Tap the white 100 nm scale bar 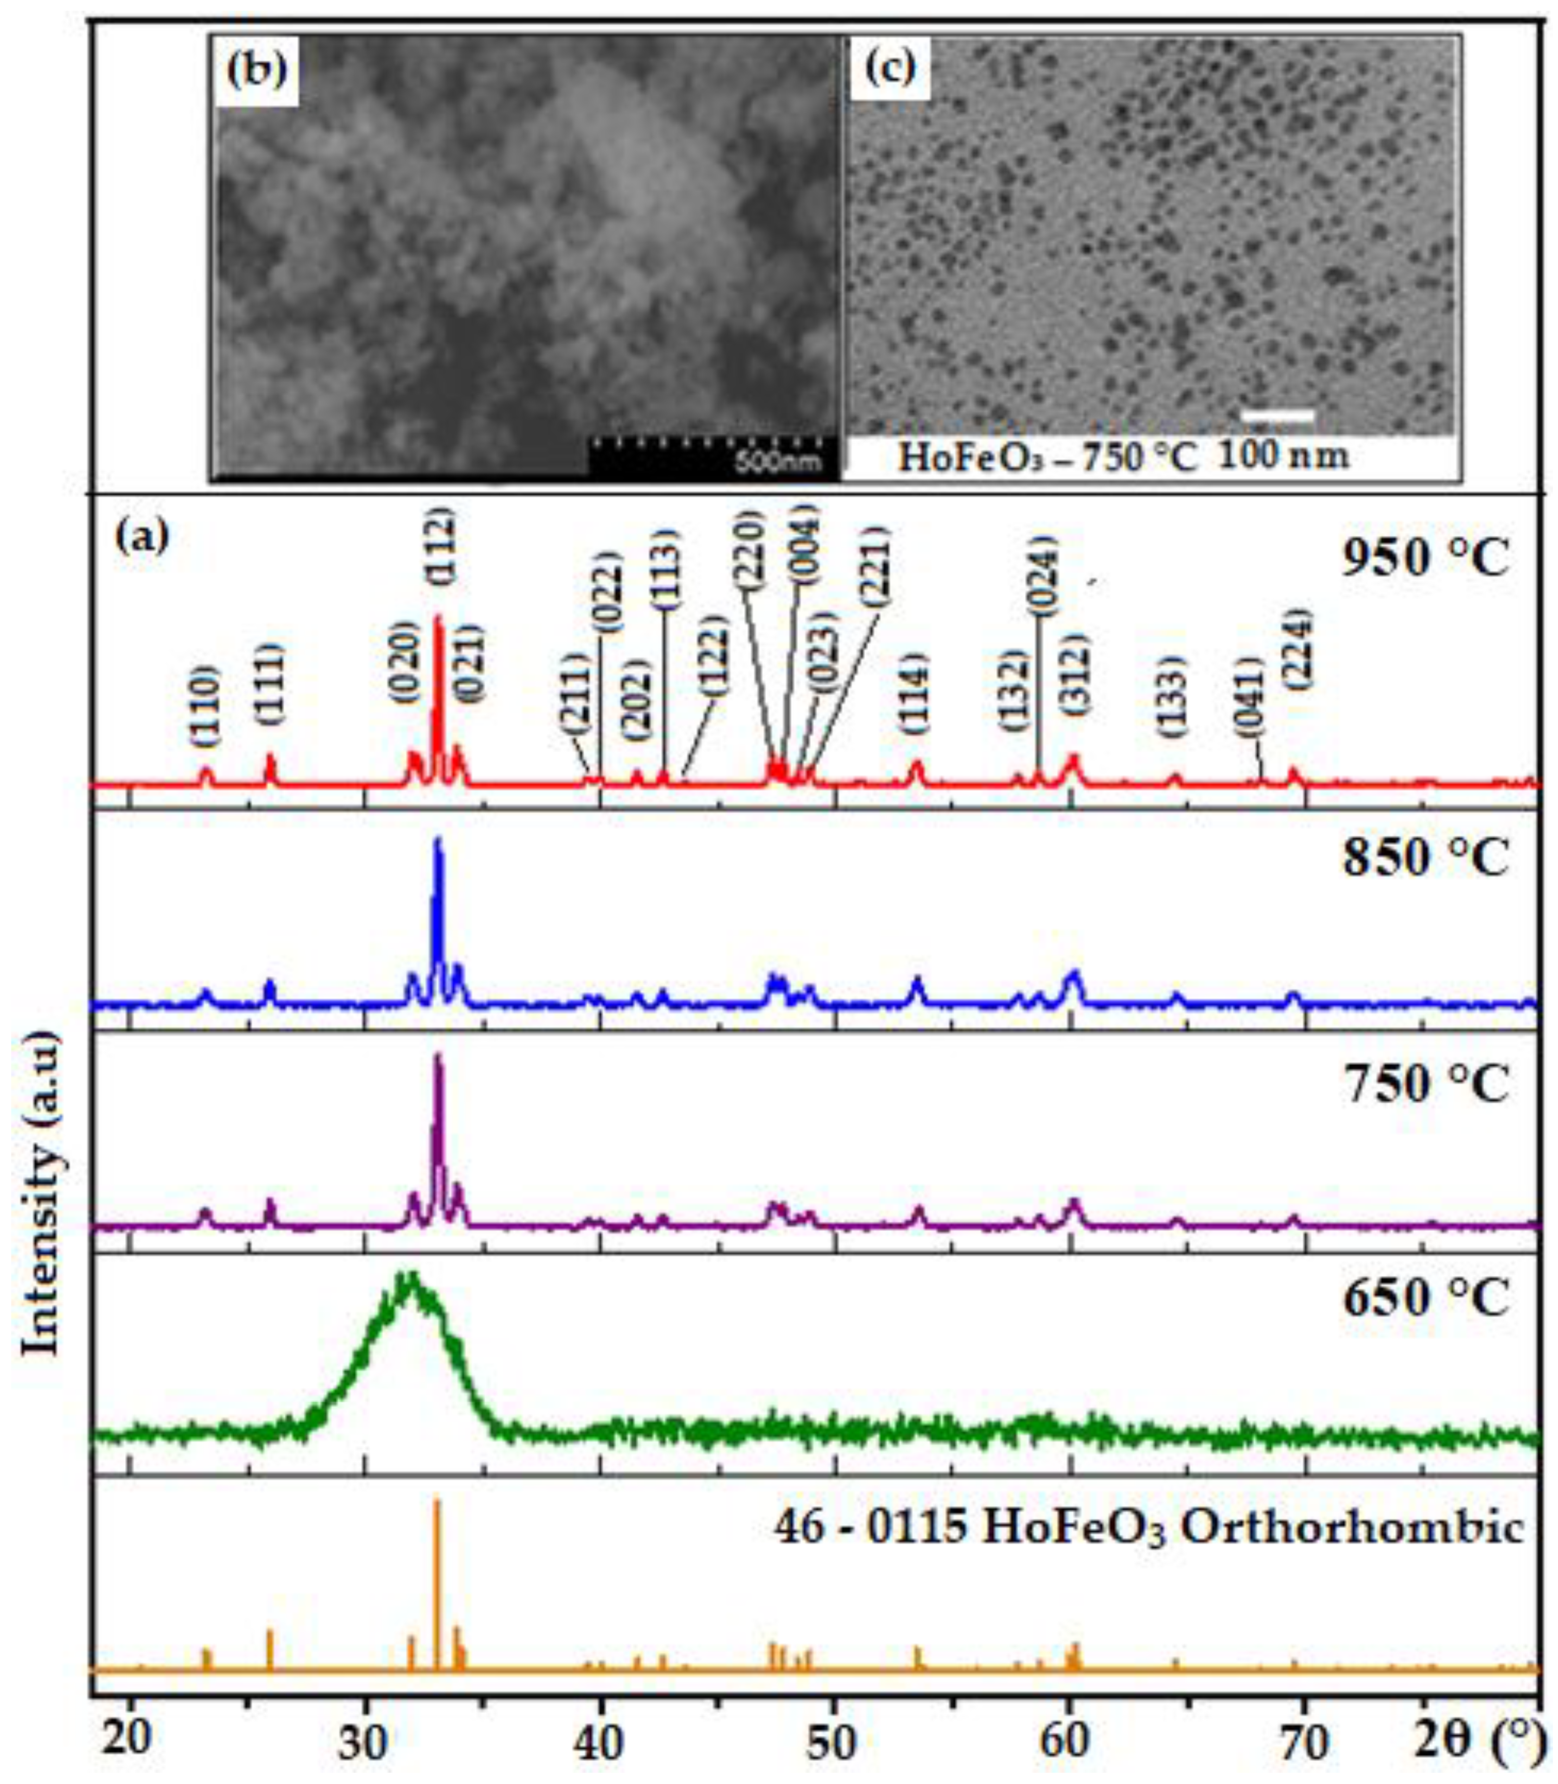click(1276, 417)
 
